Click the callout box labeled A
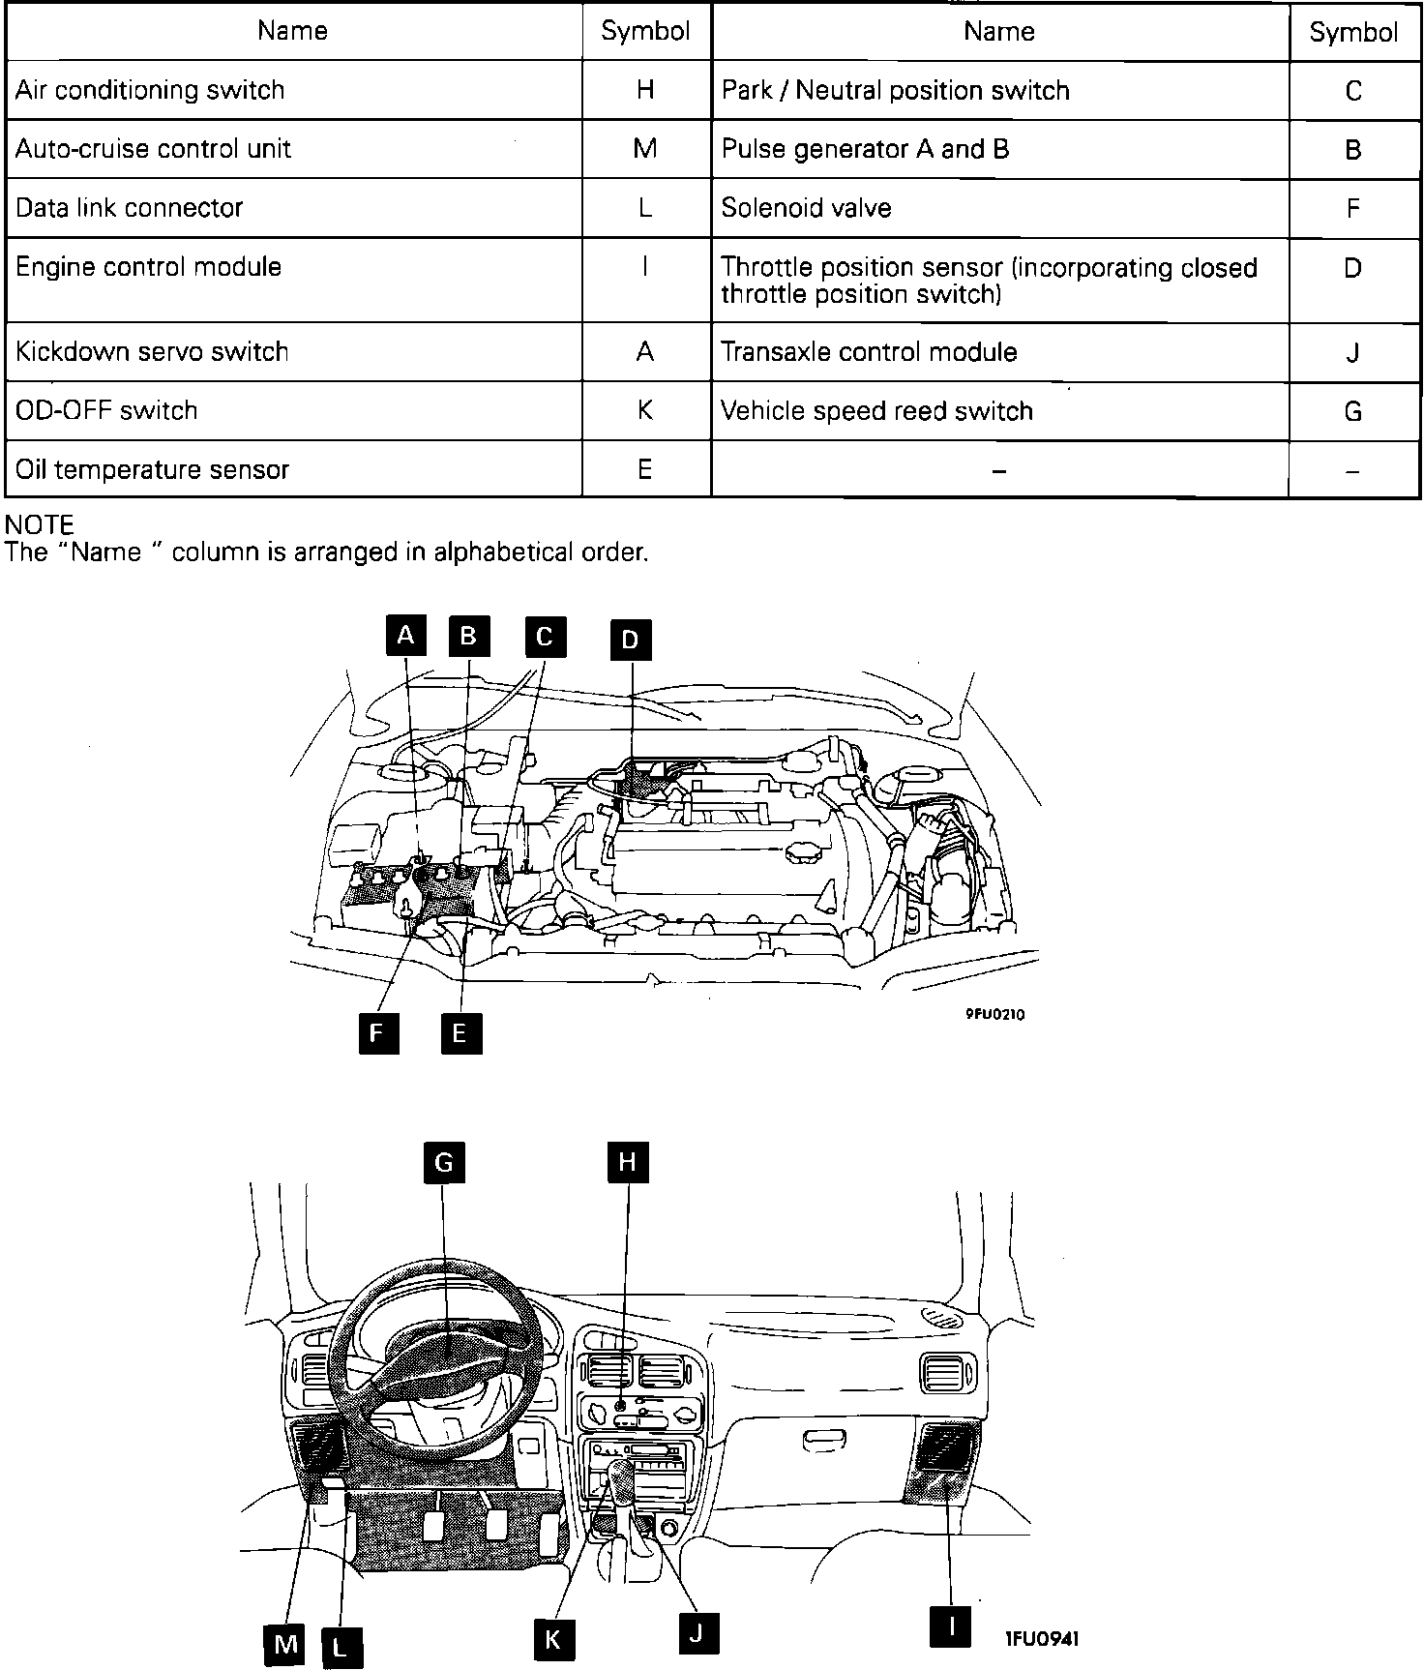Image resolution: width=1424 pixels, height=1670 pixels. point(406,636)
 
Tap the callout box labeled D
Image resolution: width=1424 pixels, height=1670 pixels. point(630,640)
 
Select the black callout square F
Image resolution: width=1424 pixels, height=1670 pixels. point(377,1032)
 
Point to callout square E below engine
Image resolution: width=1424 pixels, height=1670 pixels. point(460,1032)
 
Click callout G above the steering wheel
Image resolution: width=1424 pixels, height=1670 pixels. point(444,1162)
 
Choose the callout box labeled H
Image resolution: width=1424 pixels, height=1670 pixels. point(627,1162)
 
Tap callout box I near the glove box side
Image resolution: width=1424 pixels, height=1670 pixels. point(951,1625)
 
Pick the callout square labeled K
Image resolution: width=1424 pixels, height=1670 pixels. point(553,1638)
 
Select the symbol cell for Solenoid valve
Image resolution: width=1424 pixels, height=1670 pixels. point(1353,208)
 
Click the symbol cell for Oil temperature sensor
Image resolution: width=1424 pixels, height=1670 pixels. point(645,469)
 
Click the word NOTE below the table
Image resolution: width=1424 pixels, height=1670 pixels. point(40,525)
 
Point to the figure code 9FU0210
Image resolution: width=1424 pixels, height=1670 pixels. point(994,1014)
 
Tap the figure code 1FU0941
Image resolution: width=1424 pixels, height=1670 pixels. point(1042,1638)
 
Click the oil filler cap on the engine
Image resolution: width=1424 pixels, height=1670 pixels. point(801,854)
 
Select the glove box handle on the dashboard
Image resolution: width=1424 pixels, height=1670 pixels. point(824,1441)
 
